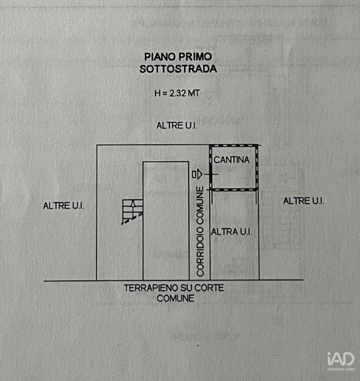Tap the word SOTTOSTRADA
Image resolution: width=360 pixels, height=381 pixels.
pos(178,69)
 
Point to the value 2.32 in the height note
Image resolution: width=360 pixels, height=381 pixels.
pos(178,93)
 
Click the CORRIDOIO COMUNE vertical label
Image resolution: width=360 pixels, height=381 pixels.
pos(200,231)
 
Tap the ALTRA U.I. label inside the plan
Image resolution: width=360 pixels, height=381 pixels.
pos(231,232)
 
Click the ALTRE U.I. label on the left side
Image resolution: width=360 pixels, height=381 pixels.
pos(64,206)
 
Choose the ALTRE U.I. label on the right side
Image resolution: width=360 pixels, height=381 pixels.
pos(304,201)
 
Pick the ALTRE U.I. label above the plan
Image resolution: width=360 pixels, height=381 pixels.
pos(177,126)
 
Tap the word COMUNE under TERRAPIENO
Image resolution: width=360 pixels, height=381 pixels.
pos(176,298)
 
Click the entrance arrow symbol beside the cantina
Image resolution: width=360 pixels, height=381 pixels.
pos(197,174)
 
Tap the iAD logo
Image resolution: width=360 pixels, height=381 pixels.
pos(341,359)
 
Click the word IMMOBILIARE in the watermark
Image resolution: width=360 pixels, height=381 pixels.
pos(341,369)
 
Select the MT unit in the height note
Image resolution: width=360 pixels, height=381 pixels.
pos(194,93)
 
